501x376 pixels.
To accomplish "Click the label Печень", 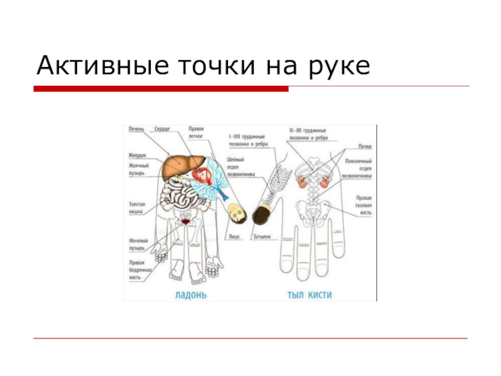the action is (137, 129).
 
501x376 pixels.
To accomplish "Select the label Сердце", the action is (162, 129).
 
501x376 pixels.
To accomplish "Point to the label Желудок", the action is (138, 155).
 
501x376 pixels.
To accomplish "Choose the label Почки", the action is (364, 147).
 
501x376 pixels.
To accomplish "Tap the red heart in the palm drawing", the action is (200, 175).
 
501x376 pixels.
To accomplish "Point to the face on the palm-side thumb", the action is (235, 213).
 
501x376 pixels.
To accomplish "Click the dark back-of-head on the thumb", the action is (261, 214).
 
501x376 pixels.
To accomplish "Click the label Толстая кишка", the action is (137, 207).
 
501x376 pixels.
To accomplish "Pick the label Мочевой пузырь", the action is (138, 244).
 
